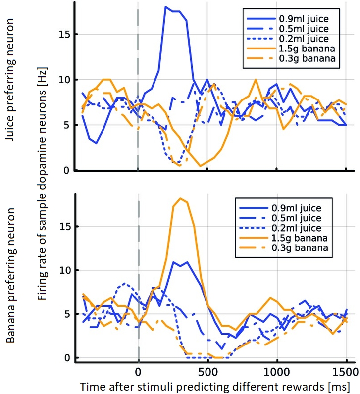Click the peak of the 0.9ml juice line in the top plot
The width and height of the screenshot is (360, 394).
click(166, 7)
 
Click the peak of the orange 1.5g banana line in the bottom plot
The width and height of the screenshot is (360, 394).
click(180, 198)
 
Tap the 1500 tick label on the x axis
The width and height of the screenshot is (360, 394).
click(346, 371)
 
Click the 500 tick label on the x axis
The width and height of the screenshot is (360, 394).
click(207, 371)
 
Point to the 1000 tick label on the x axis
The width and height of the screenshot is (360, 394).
click(276, 371)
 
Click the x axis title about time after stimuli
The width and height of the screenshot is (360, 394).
click(214, 386)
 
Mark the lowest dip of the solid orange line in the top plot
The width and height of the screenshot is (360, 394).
click(201, 166)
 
